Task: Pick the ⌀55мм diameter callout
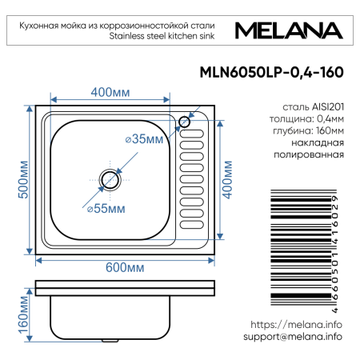pyautogui.click(x=106, y=209)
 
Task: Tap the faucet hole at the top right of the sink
pyautogui.click(x=184, y=122)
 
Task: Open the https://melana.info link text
pyautogui.click(x=296, y=324)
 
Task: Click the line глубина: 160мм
pyautogui.click(x=309, y=130)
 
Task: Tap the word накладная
pyautogui.click(x=320, y=142)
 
